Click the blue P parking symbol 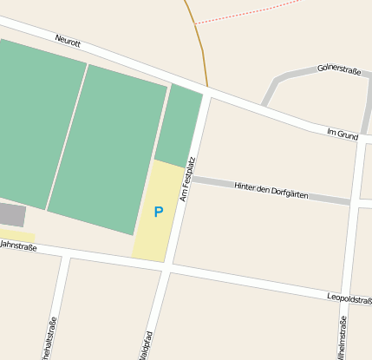point(158,212)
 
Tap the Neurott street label point(68,40)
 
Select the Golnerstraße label point(338,68)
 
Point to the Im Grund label point(343,134)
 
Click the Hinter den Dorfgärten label point(271,190)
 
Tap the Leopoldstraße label point(349,299)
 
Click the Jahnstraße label point(18,246)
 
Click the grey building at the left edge point(11,214)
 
